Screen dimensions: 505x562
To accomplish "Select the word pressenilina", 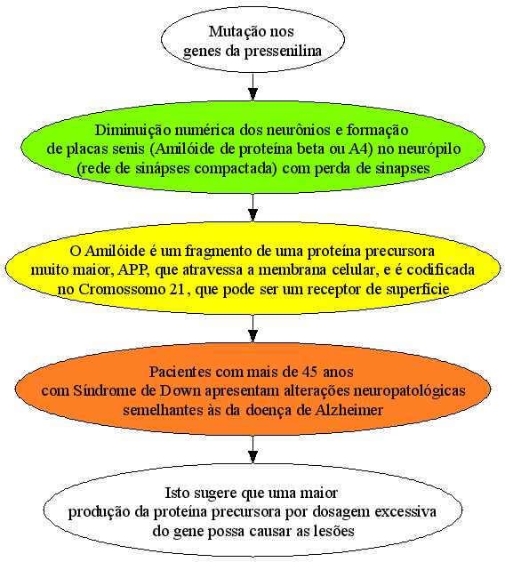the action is click(x=283, y=51).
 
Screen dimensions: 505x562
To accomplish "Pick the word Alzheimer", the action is click(x=349, y=410).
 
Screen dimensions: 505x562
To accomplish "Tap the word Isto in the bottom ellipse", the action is click(x=176, y=493).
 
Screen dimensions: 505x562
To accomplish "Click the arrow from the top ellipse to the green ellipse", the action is click(x=252, y=87).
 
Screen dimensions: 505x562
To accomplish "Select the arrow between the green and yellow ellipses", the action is click(x=252, y=208).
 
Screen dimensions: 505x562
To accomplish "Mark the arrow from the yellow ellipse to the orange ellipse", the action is click(x=252, y=329).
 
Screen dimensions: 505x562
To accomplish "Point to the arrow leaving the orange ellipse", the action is click(x=252, y=449).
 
